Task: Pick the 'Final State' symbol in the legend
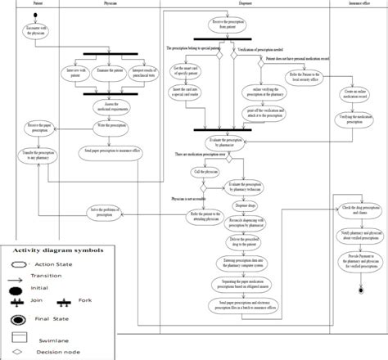tap(18, 320)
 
